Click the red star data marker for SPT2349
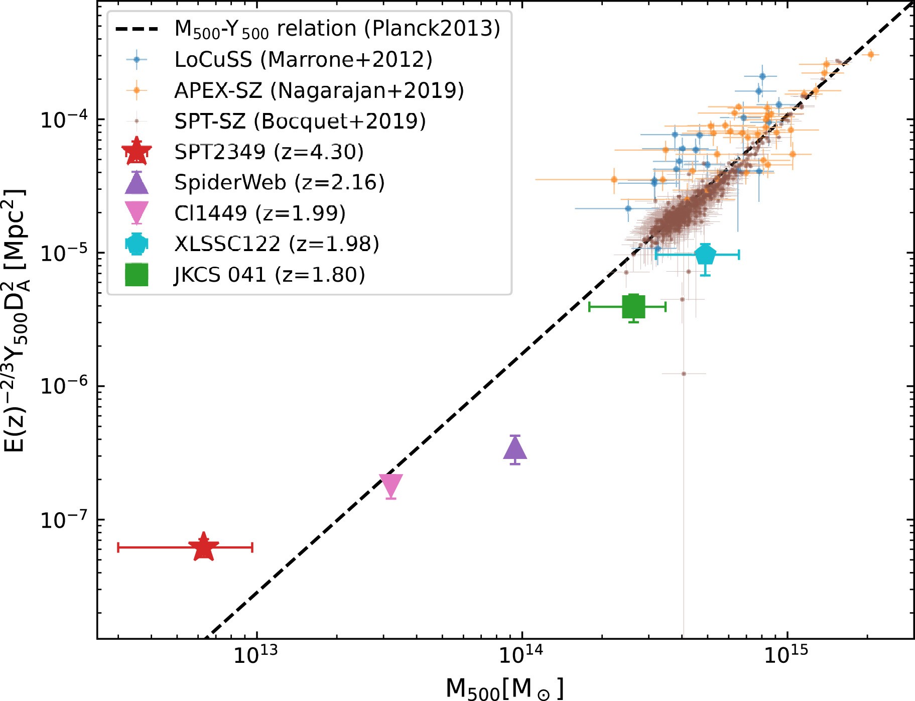coord(203,548)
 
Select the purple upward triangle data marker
coord(515,449)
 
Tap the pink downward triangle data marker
coord(390,485)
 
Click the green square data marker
coord(633,306)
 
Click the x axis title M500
coord(504,688)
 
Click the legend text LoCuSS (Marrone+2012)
coord(303,60)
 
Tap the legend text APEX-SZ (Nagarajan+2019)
coord(319,91)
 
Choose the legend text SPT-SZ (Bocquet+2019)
coord(300,122)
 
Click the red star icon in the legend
coord(137,152)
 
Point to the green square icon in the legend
coord(137,275)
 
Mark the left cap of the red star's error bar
coord(118,547)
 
